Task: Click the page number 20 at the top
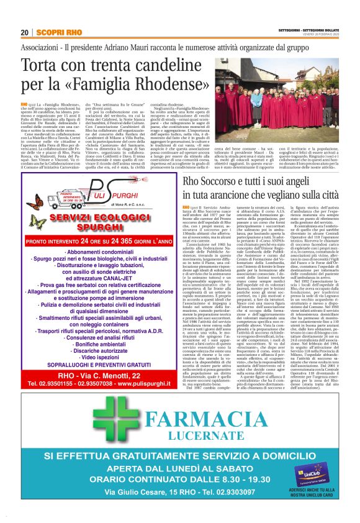pyautogui.click(x=25, y=32)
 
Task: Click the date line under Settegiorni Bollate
pyautogui.click(x=320, y=35)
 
